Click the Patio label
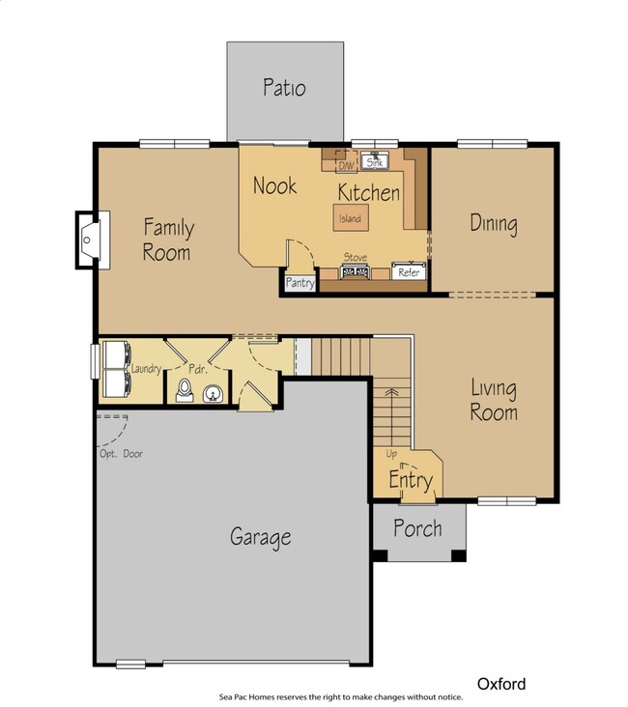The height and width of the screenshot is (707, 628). coord(284,88)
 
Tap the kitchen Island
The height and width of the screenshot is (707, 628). coord(351,217)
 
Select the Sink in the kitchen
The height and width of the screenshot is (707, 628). coord(375,161)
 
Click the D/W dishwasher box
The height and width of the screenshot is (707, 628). coord(347,162)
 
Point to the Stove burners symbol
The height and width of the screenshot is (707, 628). coord(355,272)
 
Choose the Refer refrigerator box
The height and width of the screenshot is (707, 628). coord(409,271)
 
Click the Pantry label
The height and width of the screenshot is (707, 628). coord(300,283)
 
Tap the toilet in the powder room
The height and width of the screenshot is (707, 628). coord(185,390)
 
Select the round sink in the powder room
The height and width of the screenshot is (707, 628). coord(213,394)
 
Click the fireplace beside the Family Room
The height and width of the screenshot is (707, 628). coord(92,240)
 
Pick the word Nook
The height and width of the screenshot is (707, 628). coord(274,185)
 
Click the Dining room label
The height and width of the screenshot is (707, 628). coord(494,224)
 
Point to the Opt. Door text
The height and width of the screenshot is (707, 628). coord(121,454)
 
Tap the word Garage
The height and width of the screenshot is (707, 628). coord(261,537)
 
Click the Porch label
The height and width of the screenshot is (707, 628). coord(417,528)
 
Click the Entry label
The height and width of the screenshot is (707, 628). coord(411,480)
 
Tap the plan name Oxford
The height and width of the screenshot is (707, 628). coord(501,684)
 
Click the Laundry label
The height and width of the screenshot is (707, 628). coord(146,369)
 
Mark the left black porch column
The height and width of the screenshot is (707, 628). coord(380,555)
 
